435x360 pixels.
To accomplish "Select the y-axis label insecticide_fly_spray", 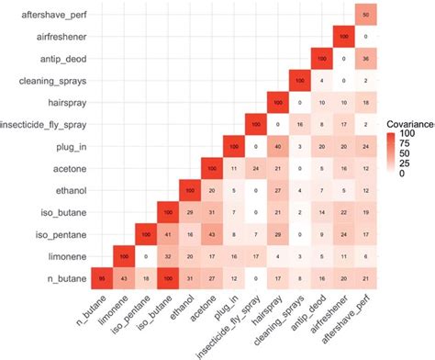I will (43, 123).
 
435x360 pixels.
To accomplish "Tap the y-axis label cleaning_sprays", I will (51, 80).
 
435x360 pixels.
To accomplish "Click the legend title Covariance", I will (407, 122).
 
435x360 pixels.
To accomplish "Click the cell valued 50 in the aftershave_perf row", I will (365, 16).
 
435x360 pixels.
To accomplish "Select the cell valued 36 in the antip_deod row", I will (365, 59).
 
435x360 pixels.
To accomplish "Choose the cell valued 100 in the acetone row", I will (211, 166).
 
